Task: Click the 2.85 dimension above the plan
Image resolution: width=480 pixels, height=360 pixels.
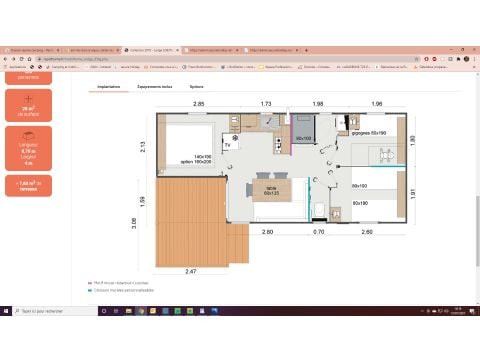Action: pyautogui.click(x=199, y=104)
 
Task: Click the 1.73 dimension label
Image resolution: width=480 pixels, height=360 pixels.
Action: pyautogui.click(x=266, y=104)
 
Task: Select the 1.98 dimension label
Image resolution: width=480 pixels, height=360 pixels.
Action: pyautogui.click(x=318, y=104)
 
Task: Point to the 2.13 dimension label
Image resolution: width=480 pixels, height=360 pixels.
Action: pyautogui.click(x=144, y=147)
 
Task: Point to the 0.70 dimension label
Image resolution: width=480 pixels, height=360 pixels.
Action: pyautogui.click(x=319, y=232)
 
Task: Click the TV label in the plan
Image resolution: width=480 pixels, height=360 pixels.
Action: pyautogui.click(x=227, y=146)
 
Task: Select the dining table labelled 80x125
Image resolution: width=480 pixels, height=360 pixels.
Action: pyautogui.click(x=271, y=190)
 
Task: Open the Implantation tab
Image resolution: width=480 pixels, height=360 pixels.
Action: pyautogui.click(x=110, y=87)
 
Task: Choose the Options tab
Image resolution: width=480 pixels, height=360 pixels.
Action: pyautogui.click(x=196, y=87)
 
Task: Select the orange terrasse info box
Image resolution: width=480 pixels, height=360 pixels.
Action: pyautogui.click(x=27, y=185)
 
